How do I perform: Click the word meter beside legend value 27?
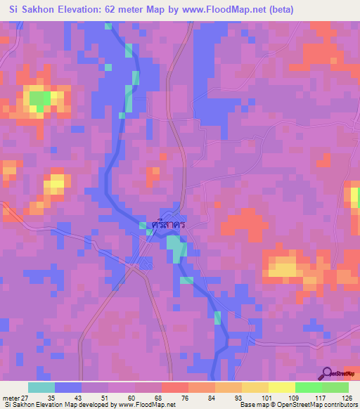point(11,398)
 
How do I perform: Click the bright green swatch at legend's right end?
point(335,387)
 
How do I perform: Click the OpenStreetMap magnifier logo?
point(327,373)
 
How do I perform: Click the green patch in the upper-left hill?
point(40,98)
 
